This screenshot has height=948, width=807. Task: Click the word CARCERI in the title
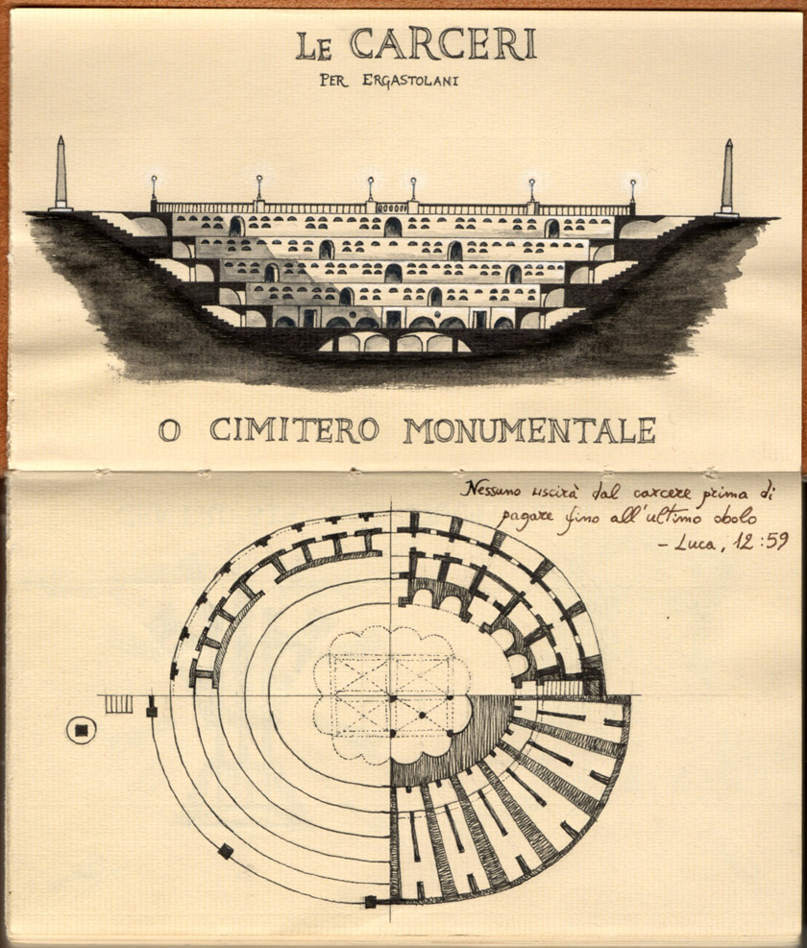coord(443,44)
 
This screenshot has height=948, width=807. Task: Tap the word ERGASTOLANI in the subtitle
coord(410,81)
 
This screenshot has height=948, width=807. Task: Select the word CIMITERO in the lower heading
coord(295,430)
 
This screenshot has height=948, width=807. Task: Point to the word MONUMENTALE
coord(530,430)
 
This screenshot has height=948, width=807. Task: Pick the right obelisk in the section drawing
coord(727,178)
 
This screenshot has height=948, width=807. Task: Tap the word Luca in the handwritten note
coord(696,544)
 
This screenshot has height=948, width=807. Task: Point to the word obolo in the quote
coord(735,517)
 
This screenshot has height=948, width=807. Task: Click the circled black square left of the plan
coord(81,730)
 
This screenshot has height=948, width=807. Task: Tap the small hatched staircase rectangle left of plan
coord(119,704)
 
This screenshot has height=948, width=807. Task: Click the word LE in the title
coord(314,47)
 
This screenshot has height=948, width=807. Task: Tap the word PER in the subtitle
coord(334,81)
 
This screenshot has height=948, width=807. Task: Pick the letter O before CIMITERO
coord(169,430)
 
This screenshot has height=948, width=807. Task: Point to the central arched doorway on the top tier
coord(393,228)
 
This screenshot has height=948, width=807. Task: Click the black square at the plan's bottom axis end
coord(370,902)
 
